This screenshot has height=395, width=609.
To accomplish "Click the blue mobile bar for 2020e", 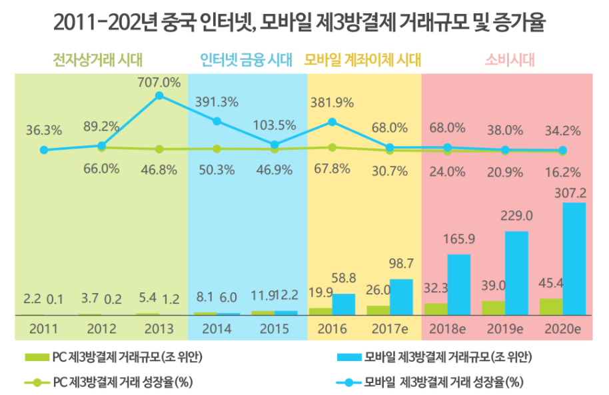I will pyautogui.click(x=574, y=258).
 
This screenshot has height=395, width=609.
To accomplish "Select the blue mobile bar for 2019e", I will pyautogui.click(x=516, y=272).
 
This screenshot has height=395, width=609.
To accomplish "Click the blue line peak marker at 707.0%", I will pyautogui.click(x=159, y=96).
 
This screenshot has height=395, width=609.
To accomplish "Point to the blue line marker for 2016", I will pyautogui.click(x=332, y=122).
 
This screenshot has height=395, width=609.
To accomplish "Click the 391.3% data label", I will pyautogui.click(x=217, y=102).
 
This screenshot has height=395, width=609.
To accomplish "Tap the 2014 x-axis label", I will pyautogui.click(x=217, y=329).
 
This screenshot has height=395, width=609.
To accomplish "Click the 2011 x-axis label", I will pyautogui.click(x=43, y=329).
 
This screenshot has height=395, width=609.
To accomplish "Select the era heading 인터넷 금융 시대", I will pyautogui.click(x=247, y=61).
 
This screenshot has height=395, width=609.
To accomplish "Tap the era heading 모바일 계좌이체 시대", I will pyautogui.click(x=363, y=61).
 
